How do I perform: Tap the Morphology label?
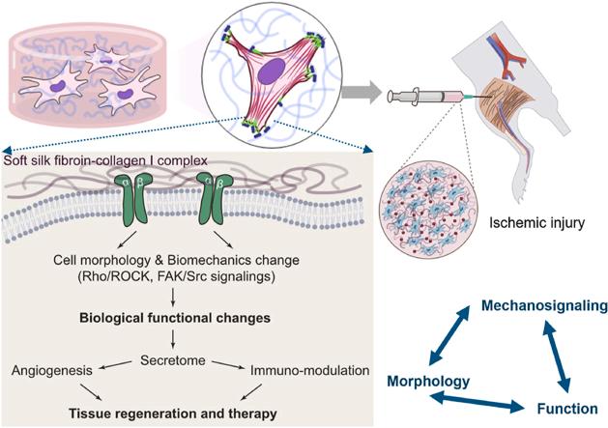[x=428, y=381]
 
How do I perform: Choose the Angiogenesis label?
[x=55, y=370]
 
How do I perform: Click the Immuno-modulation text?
[x=310, y=370]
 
